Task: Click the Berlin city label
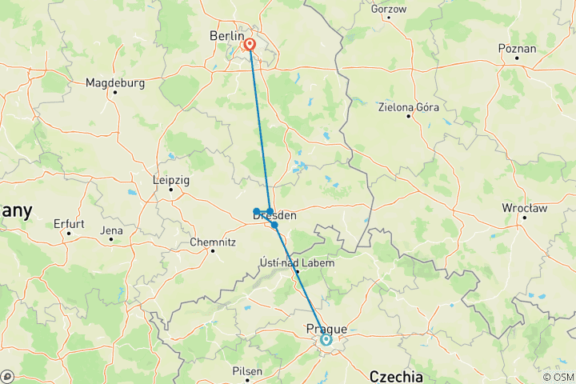tap(225, 35)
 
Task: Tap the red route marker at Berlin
tap(250, 45)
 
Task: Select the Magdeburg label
tap(114, 82)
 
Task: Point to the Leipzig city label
tap(171, 181)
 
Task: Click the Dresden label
tap(274, 215)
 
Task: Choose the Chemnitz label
tap(212, 242)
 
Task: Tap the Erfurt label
tap(69, 224)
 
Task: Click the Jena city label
tap(112, 231)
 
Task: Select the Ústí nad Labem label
tap(297, 262)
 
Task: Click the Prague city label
tap(326, 329)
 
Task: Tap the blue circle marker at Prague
tap(326, 340)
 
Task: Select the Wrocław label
tap(523, 208)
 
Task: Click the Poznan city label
tap(517, 49)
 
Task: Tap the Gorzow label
tap(389, 10)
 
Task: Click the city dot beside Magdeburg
tap(115, 92)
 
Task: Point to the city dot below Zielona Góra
tap(409, 117)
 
